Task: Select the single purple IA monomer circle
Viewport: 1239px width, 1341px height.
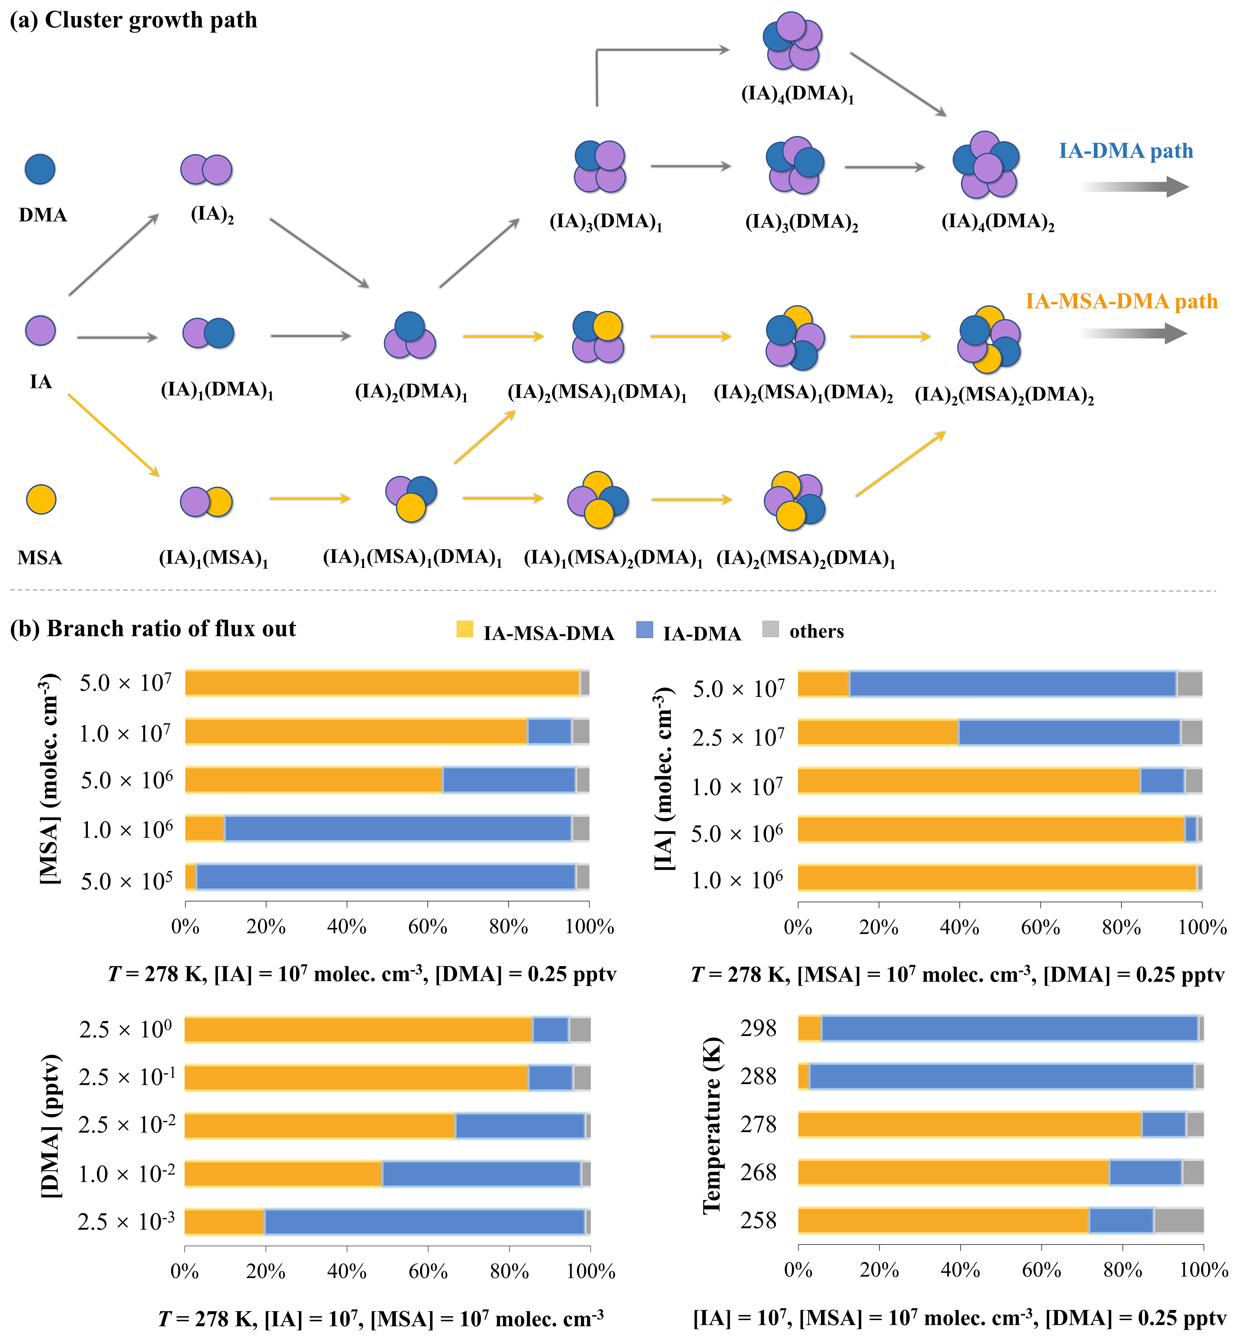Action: [x=40, y=331]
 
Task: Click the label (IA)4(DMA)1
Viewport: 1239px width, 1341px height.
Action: [x=797, y=94]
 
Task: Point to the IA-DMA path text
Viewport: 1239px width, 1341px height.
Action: [x=1126, y=151]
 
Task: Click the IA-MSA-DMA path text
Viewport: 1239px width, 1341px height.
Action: [x=1121, y=302]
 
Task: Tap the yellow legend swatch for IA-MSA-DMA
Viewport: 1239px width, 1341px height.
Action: [x=465, y=629]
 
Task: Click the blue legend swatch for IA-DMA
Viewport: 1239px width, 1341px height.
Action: [x=644, y=629]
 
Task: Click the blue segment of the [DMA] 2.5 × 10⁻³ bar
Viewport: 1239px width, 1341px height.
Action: [x=424, y=1222]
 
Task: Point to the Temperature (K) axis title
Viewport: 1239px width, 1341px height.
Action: [x=712, y=1126]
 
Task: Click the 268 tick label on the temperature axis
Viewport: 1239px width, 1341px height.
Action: [x=758, y=1173]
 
